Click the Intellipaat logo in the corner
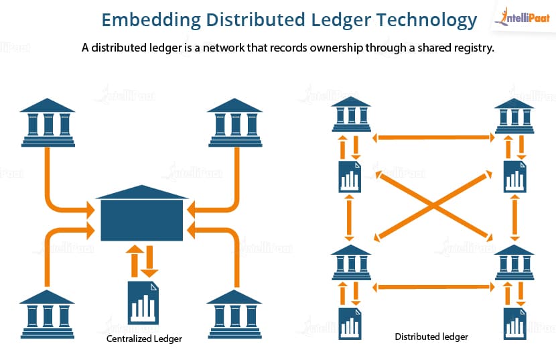[x=523, y=17]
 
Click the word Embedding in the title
[x=151, y=20]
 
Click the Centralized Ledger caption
[x=144, y=339]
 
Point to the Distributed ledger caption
[x=431, y=337]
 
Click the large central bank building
[x=142, y=213]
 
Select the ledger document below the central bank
[x=143, y=303]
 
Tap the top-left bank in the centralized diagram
[x=48, y=123]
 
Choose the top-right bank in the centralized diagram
[x=235, y=123]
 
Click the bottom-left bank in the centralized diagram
[x=47, y=314]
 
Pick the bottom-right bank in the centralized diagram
[x=234, y=314]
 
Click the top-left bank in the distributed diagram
[x=351, y=114]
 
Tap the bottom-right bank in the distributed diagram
[x=514, y=262]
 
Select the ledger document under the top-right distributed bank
[x=515, y=176]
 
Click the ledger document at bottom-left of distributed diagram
[x=350, y=323]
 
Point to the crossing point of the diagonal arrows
[x=433, y=205]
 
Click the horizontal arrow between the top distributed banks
[x=433, y=137]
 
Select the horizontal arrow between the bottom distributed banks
[x=433, y=287]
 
